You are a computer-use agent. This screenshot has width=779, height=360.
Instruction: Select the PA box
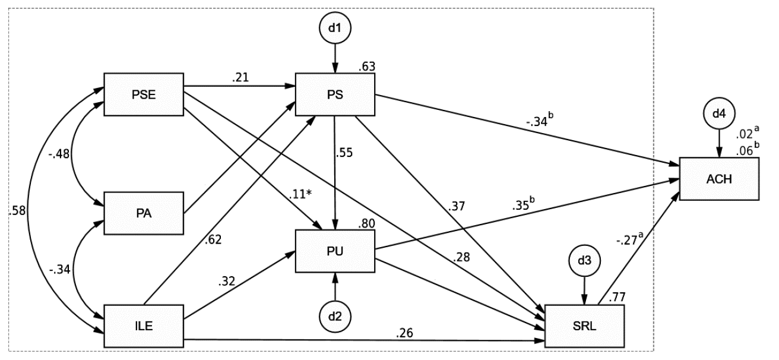(143, 212)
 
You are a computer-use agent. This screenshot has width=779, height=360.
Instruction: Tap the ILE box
(143, 326)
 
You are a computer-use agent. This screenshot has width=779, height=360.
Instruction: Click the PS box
(336, 95)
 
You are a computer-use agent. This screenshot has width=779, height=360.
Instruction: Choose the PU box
(336, 251)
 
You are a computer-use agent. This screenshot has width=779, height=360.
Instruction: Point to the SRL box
(585, 327)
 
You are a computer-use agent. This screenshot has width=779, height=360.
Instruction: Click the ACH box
(719, 179)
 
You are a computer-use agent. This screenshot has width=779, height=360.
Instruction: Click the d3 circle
(585, 260)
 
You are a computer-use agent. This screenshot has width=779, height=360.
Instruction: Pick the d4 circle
(719, 112)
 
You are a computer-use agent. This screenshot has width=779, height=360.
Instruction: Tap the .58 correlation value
(18, 210)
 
